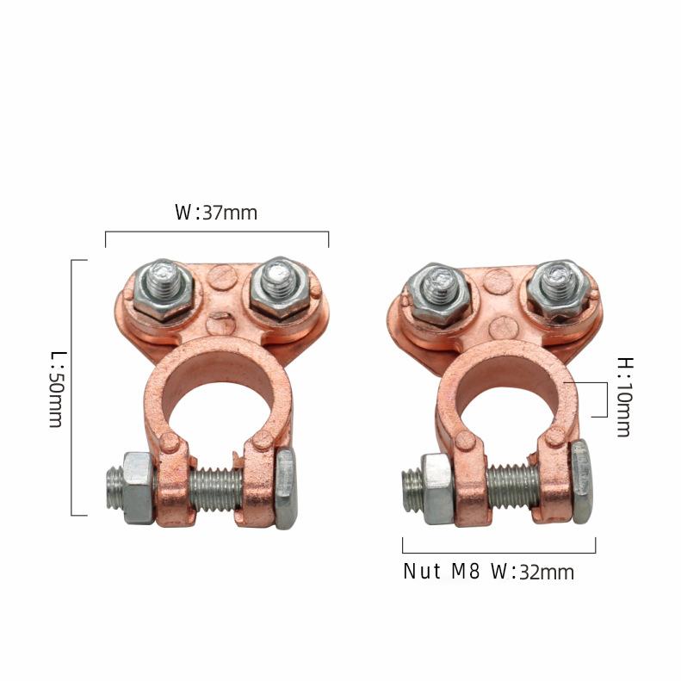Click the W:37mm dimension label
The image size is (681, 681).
tap(216, 213)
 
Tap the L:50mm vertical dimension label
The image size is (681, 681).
tap(57, 390)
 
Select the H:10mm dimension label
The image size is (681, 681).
tap(625, 397)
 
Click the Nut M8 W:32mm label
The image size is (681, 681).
tap(489, 572)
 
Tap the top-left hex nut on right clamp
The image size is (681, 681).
tap(441, 295)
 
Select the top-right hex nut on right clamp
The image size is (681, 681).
tap(558, 288)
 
